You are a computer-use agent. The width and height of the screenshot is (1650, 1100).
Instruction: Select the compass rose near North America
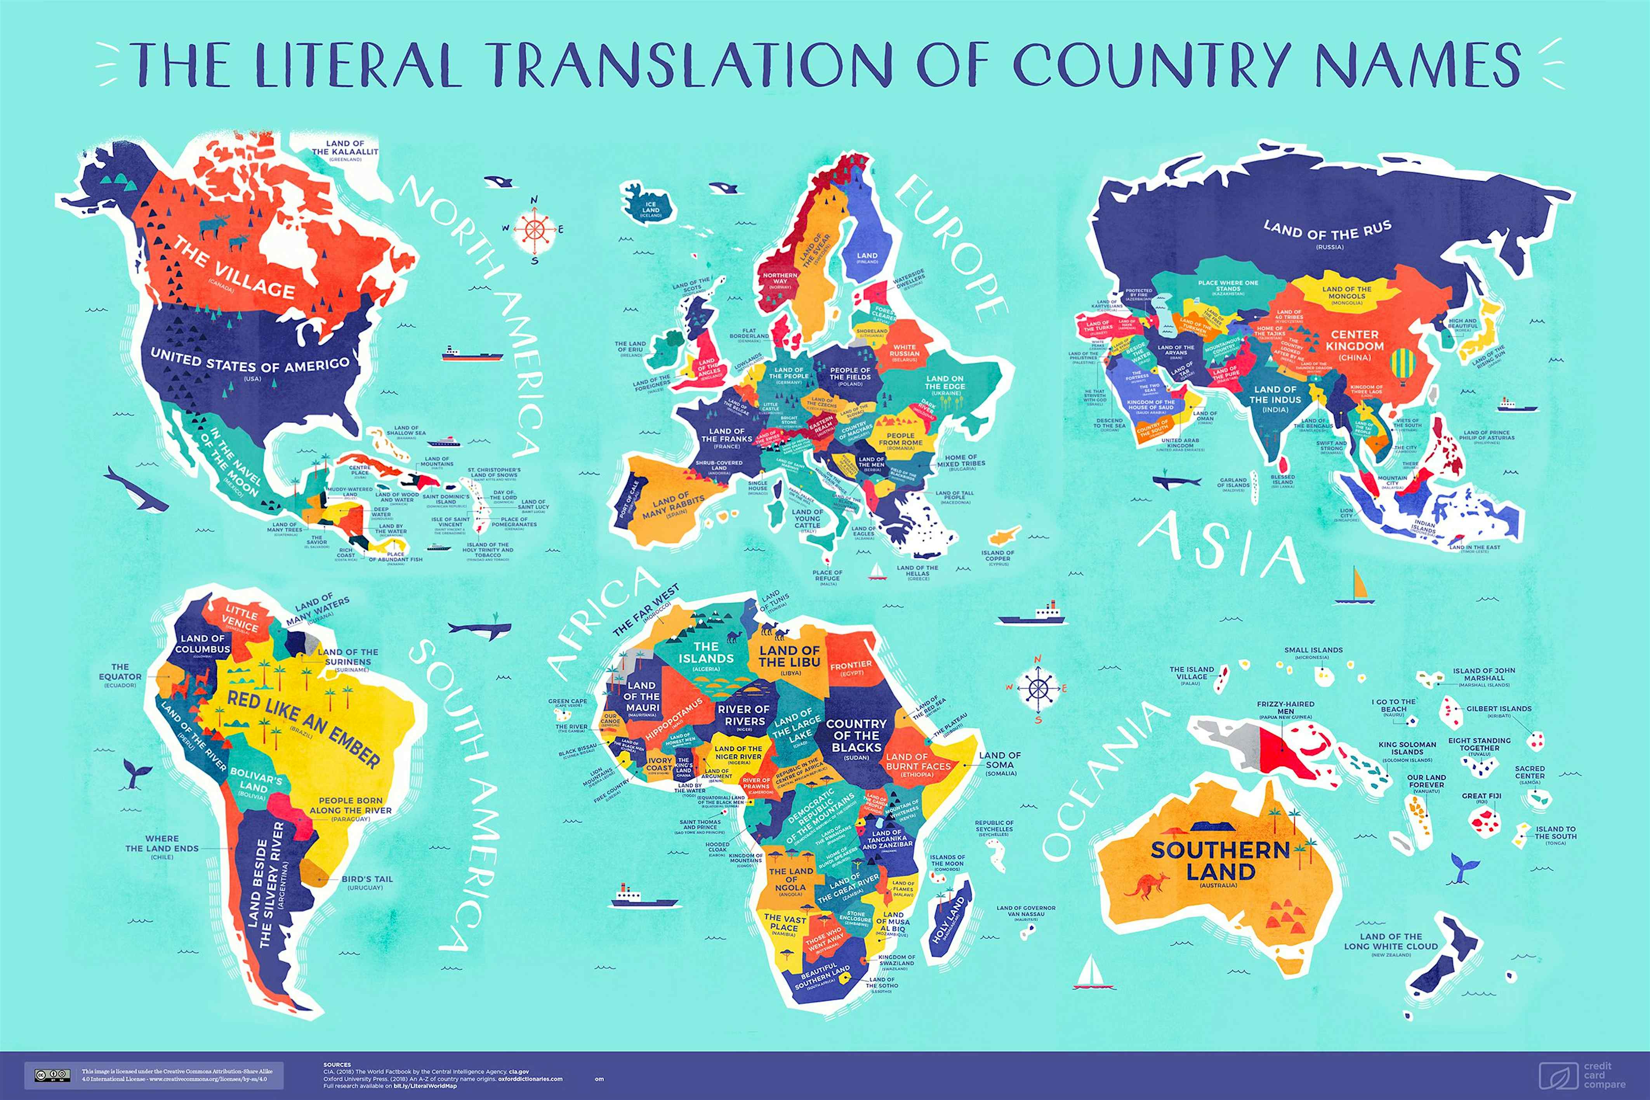click(x=534, y=229)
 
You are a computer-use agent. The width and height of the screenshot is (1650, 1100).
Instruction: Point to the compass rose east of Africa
click(x=1037, y=688)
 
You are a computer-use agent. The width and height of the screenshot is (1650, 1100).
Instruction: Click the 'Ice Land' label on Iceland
click(x=651, y=209)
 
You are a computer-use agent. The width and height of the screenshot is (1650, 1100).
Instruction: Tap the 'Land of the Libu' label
click(x=789, y=657)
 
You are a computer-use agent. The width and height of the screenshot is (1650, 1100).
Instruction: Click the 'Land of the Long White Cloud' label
click(x=1391, y=942)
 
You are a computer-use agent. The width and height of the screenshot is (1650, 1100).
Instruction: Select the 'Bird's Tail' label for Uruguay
click(x=367, y=879)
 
